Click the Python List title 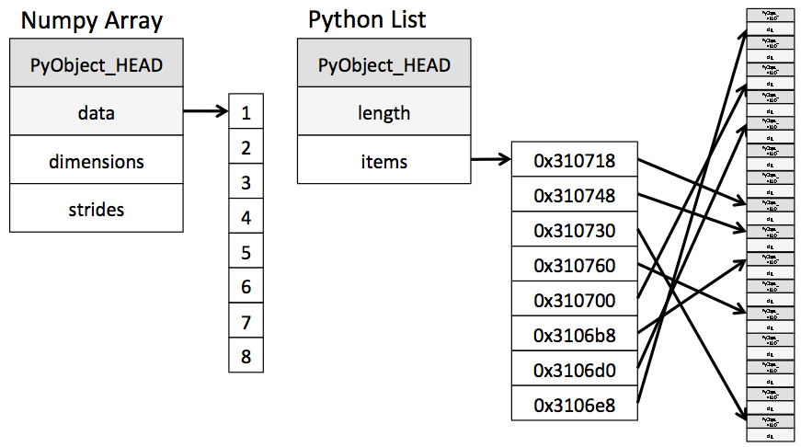click(367, 19)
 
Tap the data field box click(97, 113)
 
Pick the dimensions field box click(97, 161)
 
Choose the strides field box click(97, 209)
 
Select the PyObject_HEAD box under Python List click(383, 65)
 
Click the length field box click(383, 113)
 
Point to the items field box click(383, 161)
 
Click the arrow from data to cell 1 click(206, 113)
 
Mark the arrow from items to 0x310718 click(490, 161)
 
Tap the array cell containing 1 click(246, 113)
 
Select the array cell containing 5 click(246, 252)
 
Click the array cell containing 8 click(246, 356)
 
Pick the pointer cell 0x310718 click(574, 161)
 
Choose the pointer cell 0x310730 click(574, 231)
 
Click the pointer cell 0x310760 click(574, 266)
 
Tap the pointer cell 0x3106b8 click(574, 336)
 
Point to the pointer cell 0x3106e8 click(574, 405)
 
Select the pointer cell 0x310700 click(574, 301)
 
